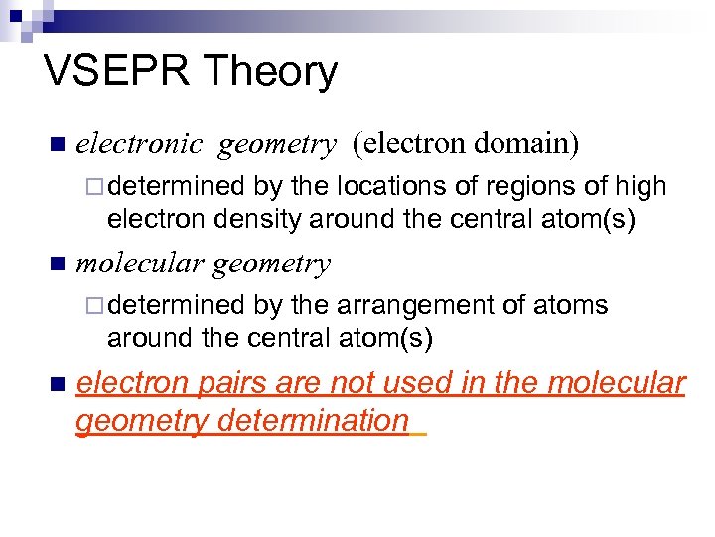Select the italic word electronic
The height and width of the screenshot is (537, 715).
tap(139, 145)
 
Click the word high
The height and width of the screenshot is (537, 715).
tap(642, 186)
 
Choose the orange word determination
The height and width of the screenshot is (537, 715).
tap(313, 421)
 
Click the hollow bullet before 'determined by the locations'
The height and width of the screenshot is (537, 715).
tap(95, 187)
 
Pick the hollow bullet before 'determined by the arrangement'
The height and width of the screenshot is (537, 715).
tap(95, 306)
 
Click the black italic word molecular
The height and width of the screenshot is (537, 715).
tap(140, 264)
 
